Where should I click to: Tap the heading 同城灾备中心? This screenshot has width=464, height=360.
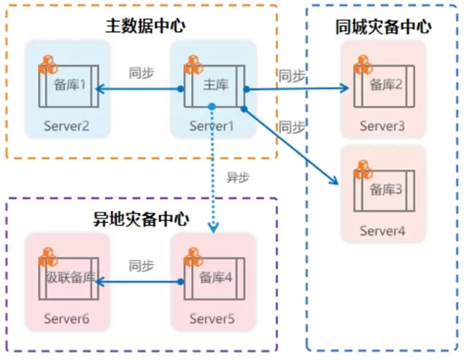384,28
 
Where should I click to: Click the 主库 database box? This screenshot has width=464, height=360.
214,86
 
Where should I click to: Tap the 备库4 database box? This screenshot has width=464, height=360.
214,280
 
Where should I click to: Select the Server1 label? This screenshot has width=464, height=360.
212,126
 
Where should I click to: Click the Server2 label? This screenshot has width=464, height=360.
66,126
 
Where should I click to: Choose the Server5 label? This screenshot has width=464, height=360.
212,319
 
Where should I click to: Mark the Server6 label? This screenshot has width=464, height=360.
66,319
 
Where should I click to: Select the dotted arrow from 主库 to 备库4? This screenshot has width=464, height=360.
212,168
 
